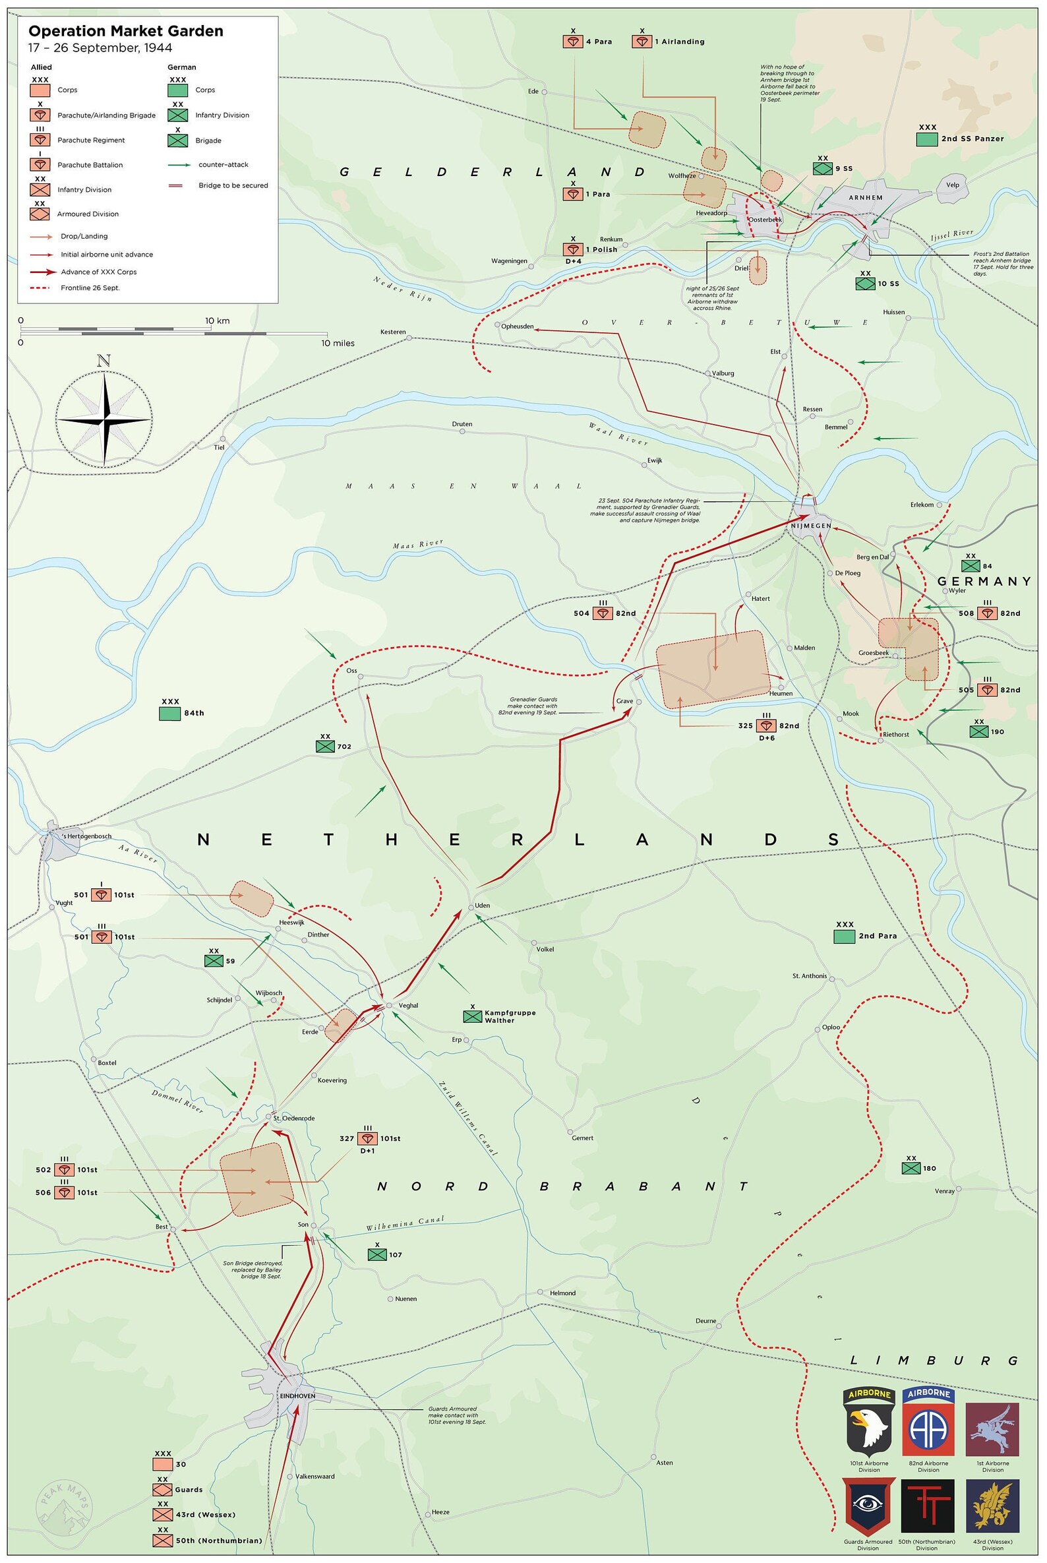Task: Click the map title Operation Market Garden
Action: (x=125, y=32)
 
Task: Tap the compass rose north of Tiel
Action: (x=104, y=419)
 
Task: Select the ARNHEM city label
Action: (x=866, y=198)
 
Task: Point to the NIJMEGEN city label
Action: (x=810, y=526)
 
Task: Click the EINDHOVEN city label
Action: (x=297, y=1396)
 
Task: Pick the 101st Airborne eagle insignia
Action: (x=869, y=1422)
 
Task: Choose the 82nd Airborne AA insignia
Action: (x=928, y=1422)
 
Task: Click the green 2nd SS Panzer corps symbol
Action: (x=927, y=139)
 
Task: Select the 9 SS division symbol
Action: (x=822, y=168)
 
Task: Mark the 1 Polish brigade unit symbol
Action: (x=573, y=249)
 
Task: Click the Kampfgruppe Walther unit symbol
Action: (x=472, y=1016)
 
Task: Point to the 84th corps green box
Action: (x=170, y=713)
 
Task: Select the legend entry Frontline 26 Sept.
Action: (x=90, y=288)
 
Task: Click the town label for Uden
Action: (x=482, y=905)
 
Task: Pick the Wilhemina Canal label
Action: (x=405, y=1223)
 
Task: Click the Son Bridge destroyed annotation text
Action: (x=253, y=1269)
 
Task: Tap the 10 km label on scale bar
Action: (x=218, y=321)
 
